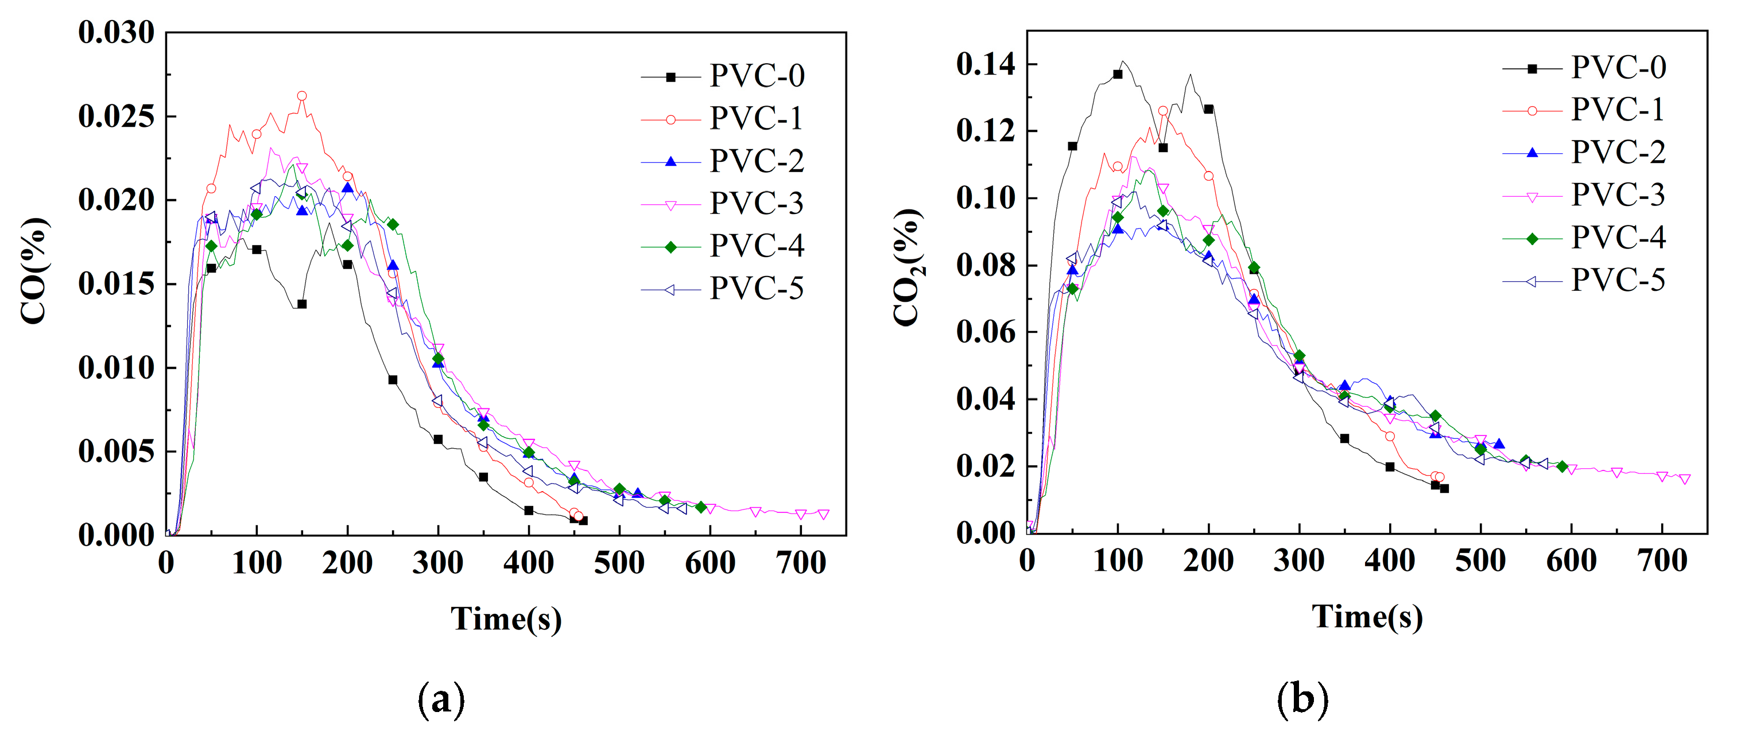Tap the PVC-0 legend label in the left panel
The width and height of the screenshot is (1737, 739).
click(757, 76)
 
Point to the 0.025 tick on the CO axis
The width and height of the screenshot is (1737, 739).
click(116, 116)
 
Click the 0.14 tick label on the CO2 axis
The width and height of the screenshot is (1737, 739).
click(985, 65)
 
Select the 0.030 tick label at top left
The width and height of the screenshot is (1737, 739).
click(116, 32)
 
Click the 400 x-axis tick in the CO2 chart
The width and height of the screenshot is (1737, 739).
click(1389, 561)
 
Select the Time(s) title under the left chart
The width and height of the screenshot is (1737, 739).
click(506, 619)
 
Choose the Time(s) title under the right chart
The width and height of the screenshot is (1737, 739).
click(1367, 616)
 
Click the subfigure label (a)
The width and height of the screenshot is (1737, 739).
click(441, 699)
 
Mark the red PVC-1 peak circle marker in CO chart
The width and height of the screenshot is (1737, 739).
click(301, 96)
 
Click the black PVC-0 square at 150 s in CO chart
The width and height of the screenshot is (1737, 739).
click(301, 304)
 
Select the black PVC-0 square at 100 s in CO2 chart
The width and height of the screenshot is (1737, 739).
click(1117, 74)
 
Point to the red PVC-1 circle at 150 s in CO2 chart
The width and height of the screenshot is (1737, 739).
click(1162, 111)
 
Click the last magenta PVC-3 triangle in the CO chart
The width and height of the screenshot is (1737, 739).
click(823, 514)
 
